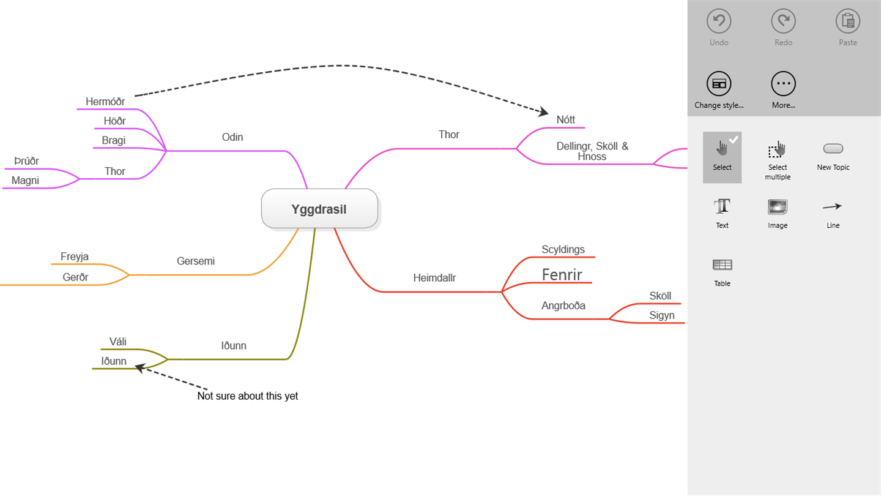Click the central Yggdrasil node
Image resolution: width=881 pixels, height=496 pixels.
click(x=319, y=209)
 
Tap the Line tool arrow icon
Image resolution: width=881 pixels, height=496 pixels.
click(x=832, y=207)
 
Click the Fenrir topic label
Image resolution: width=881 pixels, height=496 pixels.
click(x=562, y=275)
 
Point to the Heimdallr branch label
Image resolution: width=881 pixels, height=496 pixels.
click(x=434, y=278)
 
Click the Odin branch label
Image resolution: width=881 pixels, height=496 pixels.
click(x=232, y=137)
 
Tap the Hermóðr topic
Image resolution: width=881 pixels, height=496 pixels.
click(x=105, y=102)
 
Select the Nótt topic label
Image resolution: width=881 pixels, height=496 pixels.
click(x=565, y=120)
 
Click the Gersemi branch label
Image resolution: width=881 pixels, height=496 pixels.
click(x=196, y=261)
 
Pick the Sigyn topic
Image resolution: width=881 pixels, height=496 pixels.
click(x=662, y=315)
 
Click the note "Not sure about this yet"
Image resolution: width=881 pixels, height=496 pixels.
click(x=247, y=396)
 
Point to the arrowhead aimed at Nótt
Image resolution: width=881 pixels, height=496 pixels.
click(x=543, y=111)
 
